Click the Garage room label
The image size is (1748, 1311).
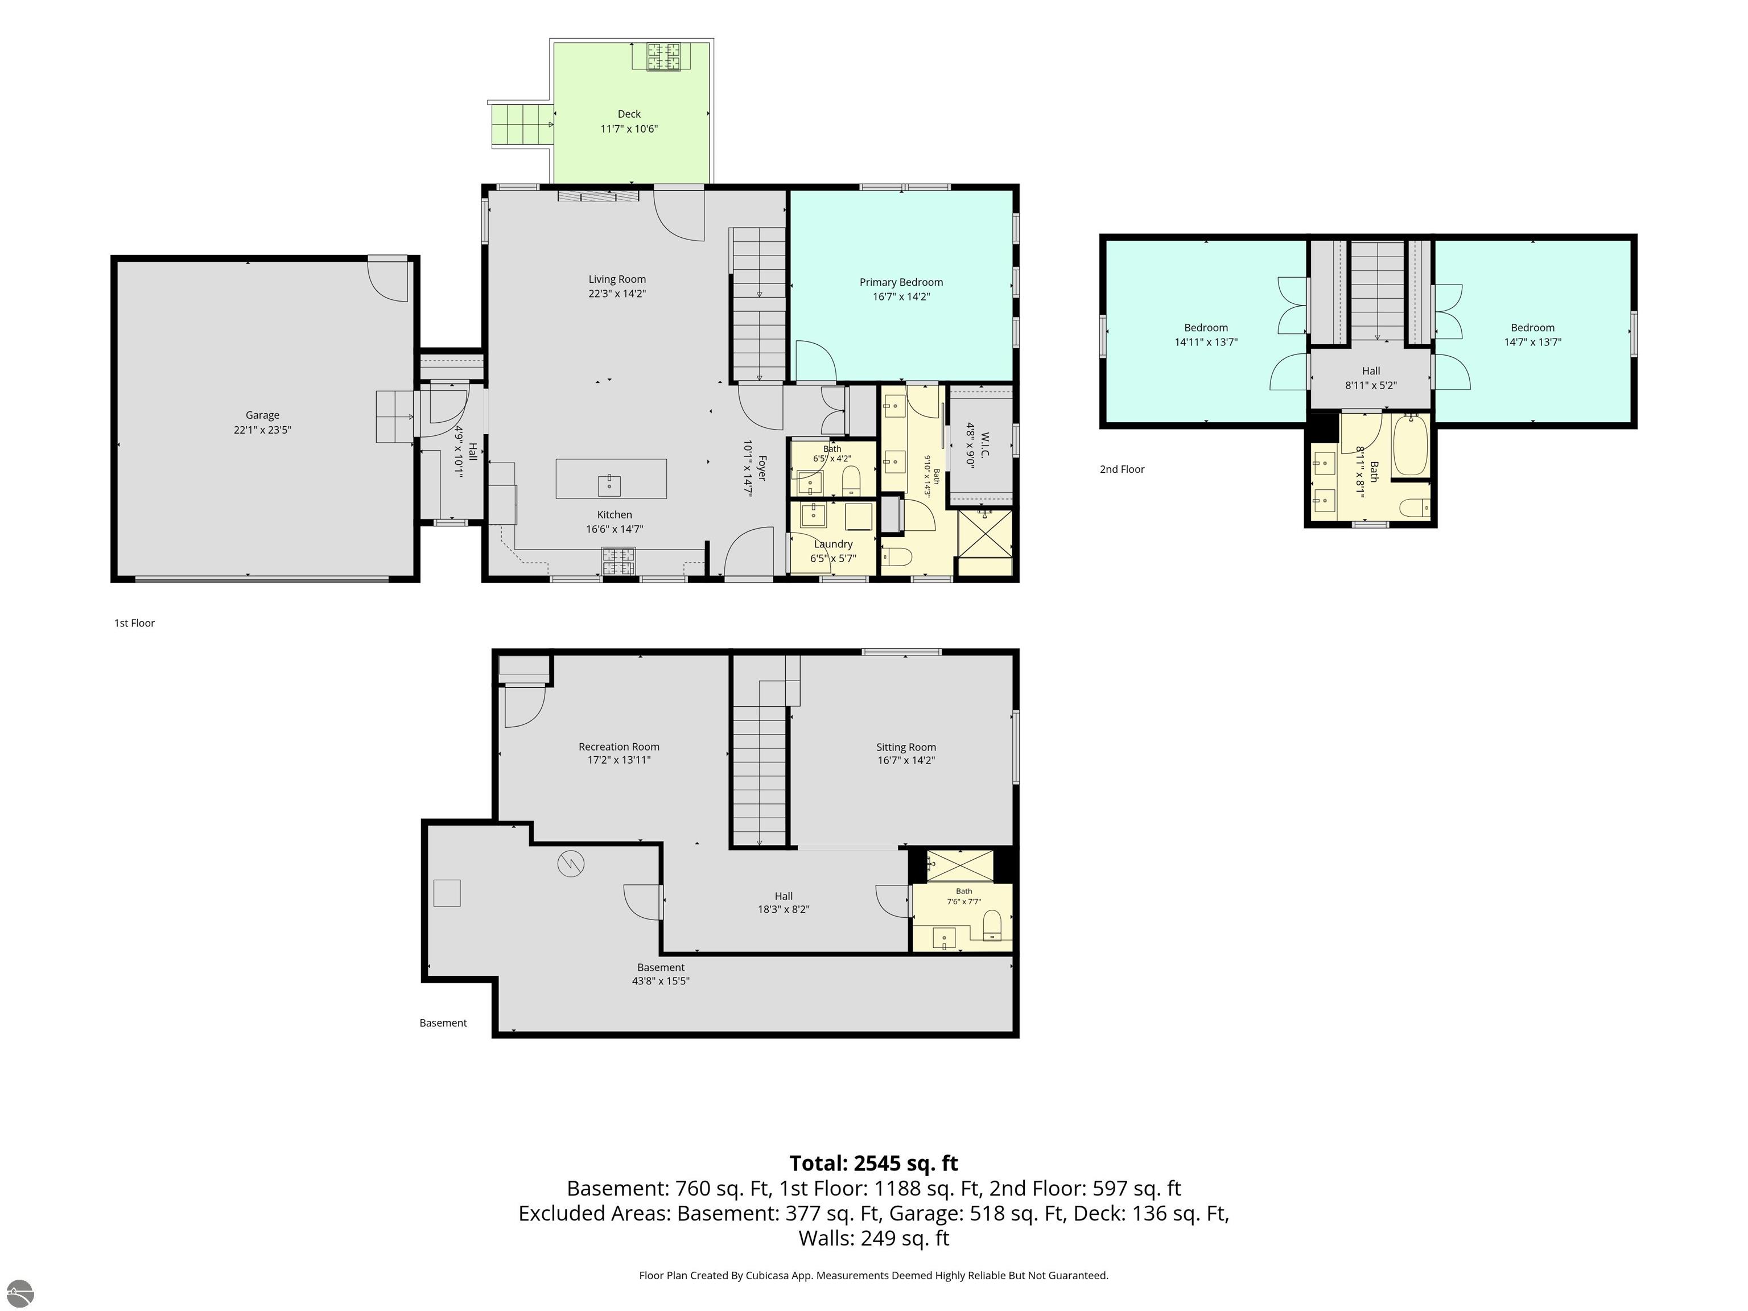(x=262, y=415)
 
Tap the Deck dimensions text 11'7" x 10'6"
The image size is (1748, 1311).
(x=629, y=129)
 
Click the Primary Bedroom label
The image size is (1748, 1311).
(x=901, y=282)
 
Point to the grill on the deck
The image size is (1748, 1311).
(x=664, y=56)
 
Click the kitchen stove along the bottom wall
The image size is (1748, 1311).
(x=619, y=562)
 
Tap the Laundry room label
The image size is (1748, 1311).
(x=833, y=543)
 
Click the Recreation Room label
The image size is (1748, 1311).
(x=619, y=747)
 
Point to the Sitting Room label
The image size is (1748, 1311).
(x=906, y=747)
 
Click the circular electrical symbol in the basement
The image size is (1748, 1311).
(x=571, y=864)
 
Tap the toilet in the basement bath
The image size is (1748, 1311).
(x=992, y=925)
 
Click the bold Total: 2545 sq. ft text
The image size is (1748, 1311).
(x=873, y=1163)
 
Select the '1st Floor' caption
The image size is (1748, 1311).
(x=134, y=622)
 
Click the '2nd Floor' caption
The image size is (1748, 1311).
(x=1122, y=469)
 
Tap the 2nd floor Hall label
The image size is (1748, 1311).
(x=1371, y=370)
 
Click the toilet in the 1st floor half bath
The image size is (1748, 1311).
(x=851, y=479)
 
